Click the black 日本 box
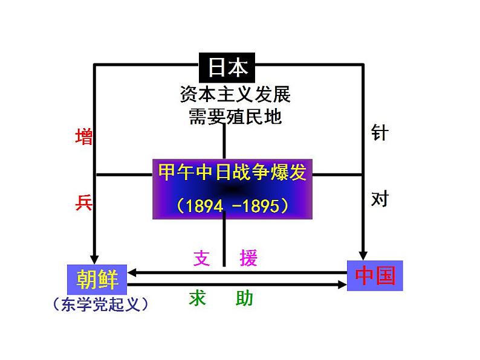click(227, 68)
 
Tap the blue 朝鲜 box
click(97, 279)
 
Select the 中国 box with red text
click(375, 275)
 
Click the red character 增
click(84, 137)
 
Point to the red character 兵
click(84, 202)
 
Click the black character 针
click(380, 132)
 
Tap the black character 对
click(380, 199)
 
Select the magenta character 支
click(202, 258)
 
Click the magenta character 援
click(248, 258)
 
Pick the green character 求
click(197, 298)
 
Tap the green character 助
click(244, 298)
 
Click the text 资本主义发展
click(235, 94)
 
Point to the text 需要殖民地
click(235, 117)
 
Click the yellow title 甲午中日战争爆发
click(232, 172)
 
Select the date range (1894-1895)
click(232, 205)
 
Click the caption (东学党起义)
click(100, 304)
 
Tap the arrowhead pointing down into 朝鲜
click(94, 259)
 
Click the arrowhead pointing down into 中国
click(363, 256)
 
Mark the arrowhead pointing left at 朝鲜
click(132, 272)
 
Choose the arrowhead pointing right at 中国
click(342, 284)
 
